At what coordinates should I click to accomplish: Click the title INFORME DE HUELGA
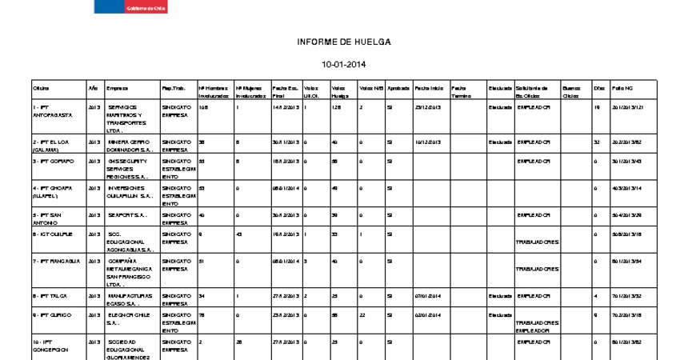pos(343,42)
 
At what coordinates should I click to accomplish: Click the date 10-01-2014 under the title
pos(343,64)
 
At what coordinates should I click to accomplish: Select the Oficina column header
pos(41,87)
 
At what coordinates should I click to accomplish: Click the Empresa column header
pos(117,87)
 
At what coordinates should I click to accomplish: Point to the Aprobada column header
pos(398,87)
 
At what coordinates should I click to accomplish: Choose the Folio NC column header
pos(622,87)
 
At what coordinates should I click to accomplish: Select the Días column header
pos(599,87)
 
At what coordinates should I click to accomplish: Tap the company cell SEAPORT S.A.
pos(127,214)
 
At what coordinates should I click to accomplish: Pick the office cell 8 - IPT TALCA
pos(50,296)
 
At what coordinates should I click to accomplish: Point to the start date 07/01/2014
pos(428,296)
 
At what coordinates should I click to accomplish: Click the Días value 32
pos(597,142)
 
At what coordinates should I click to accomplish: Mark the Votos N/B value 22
pos(362,315)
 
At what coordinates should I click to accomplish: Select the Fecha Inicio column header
pos(429,87)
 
